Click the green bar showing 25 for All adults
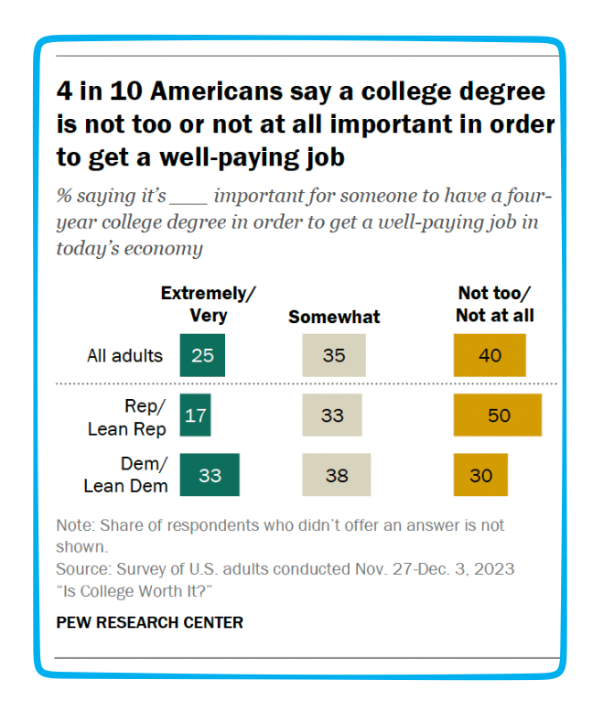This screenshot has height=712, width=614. [202, 355]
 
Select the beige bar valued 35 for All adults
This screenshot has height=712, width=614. [334, 355]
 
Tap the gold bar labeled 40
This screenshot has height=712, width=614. [490, 355]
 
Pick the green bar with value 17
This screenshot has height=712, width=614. [195, 415]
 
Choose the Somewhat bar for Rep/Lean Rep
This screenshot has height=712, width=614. [332, 415]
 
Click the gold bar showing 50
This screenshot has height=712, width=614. [498, 415]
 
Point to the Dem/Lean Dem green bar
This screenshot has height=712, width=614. [210, 475]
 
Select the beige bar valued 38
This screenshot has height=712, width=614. [337, 475]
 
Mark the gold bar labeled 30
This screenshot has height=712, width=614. [480, 475]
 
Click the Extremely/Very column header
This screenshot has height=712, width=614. [208, 304]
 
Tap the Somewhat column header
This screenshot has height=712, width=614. [334, 317]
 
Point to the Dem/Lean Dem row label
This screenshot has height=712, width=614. [125, 476]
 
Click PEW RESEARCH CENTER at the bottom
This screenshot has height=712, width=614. [150, 622]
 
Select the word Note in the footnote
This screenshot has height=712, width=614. [73, 526]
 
